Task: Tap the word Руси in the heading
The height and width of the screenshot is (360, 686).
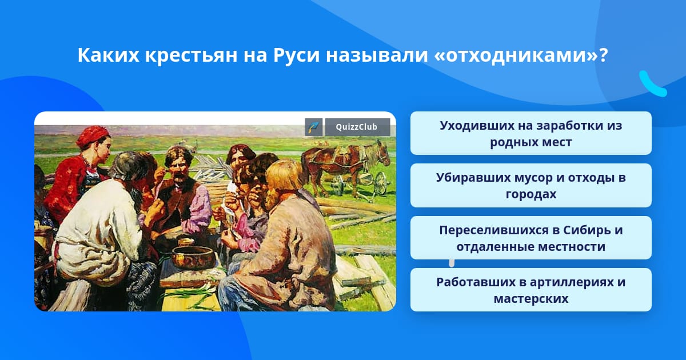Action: coord(297,55)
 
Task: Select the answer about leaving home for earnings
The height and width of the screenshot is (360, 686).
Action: coord(531,134)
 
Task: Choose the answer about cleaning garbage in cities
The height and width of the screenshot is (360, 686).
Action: coord(531,186)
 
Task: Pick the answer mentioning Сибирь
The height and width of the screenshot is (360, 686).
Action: coord(531,238)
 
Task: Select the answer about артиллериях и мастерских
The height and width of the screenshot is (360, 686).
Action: coord(531,290)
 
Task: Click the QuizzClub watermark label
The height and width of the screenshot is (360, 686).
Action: coord(357,127)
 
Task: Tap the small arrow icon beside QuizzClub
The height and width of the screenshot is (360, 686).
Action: coord(314,127)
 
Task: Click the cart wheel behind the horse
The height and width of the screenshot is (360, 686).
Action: coord(381,183)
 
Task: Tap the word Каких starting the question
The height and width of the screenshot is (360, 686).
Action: coord(108,55)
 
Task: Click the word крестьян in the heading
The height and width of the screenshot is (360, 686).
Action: coord(191,55)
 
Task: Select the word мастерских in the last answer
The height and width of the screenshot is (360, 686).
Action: coord(531,298)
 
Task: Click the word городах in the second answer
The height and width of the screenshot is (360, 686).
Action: coord(531,194)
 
